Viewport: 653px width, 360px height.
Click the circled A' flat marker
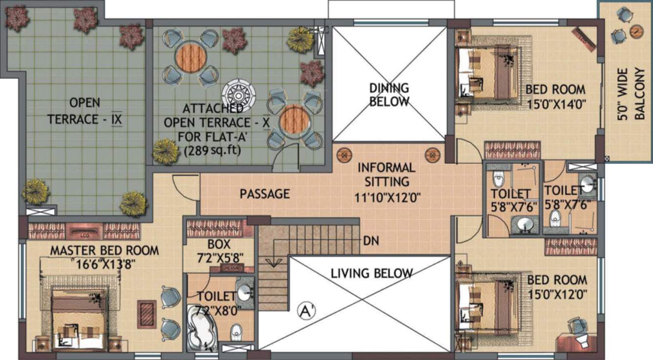tap(305, 311)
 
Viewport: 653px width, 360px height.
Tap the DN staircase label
tap(371, 240)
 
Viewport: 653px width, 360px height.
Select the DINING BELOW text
tap(389, 95)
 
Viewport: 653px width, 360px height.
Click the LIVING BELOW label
tap(371, 273)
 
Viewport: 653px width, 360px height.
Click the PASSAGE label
tap(264, 194)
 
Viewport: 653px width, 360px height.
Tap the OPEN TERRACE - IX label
tap(85, 111)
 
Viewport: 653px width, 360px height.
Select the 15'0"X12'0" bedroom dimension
tap(557, 294)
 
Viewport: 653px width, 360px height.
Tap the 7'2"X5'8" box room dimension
tap(218, 256)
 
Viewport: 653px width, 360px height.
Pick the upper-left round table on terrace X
tap(189, 56)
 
